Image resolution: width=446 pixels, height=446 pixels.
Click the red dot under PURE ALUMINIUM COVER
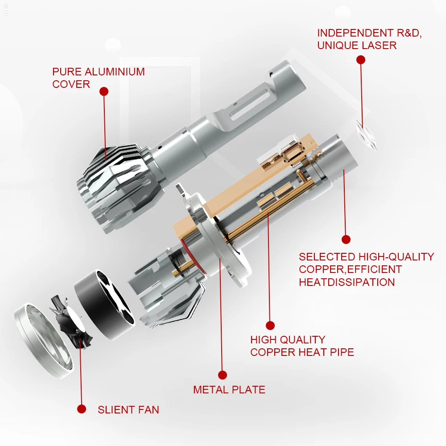click(104, 91)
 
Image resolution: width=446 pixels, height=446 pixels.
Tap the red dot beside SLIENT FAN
click(82, 409)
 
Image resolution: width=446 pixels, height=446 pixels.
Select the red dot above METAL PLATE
click(223, 375)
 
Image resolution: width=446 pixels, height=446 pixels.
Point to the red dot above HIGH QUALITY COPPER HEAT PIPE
click(270, 326)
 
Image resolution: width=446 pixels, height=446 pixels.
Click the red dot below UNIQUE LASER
click(361, 60)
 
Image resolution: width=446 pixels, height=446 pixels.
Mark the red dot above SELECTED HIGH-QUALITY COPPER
click(346, 240)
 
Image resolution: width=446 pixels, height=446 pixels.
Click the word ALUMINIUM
click(115, 72)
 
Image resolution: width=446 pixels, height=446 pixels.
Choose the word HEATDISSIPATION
click(347, 282)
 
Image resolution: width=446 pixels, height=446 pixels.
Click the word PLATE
click(248, 389)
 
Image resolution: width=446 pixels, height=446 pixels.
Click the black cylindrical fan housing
click(104, 305)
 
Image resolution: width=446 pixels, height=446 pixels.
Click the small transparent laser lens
click(366, 136)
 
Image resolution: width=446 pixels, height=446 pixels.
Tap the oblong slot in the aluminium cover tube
click(249, 104)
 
